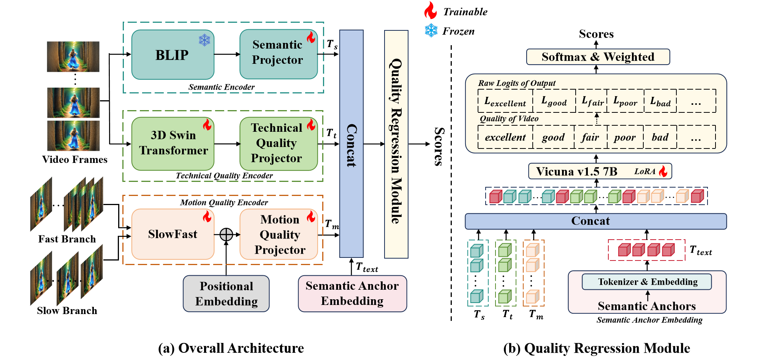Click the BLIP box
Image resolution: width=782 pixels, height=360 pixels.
(173, 55)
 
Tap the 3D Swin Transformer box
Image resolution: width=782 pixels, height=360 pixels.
(173, 144)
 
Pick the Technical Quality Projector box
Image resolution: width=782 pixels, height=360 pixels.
(278, 144)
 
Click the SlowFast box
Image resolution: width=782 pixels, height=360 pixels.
(173, 234)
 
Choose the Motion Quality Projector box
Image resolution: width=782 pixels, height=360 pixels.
(279, 234)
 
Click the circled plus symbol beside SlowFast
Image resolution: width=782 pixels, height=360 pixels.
(226, 235)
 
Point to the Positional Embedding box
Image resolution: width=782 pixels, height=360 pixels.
(226, 294)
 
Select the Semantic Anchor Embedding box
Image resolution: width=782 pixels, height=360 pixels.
(352, 294)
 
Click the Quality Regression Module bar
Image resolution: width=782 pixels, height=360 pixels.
(396, 144)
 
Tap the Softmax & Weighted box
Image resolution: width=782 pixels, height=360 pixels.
(598, 57)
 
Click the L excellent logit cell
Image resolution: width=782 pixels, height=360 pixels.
(505, 101)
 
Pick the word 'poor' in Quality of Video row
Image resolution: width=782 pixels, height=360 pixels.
(625, 137)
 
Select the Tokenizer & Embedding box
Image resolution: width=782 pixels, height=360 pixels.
(647, 282)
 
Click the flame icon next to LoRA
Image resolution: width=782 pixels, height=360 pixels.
(663, 171)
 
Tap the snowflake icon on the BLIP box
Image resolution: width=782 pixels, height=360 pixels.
(204, 40)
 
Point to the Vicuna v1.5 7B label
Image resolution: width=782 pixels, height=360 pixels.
(576, 171)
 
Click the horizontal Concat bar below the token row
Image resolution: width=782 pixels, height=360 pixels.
(595, 221)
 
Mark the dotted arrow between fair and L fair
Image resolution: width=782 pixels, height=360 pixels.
(597, 118)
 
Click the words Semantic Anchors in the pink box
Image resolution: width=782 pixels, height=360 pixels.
(646, 306)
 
